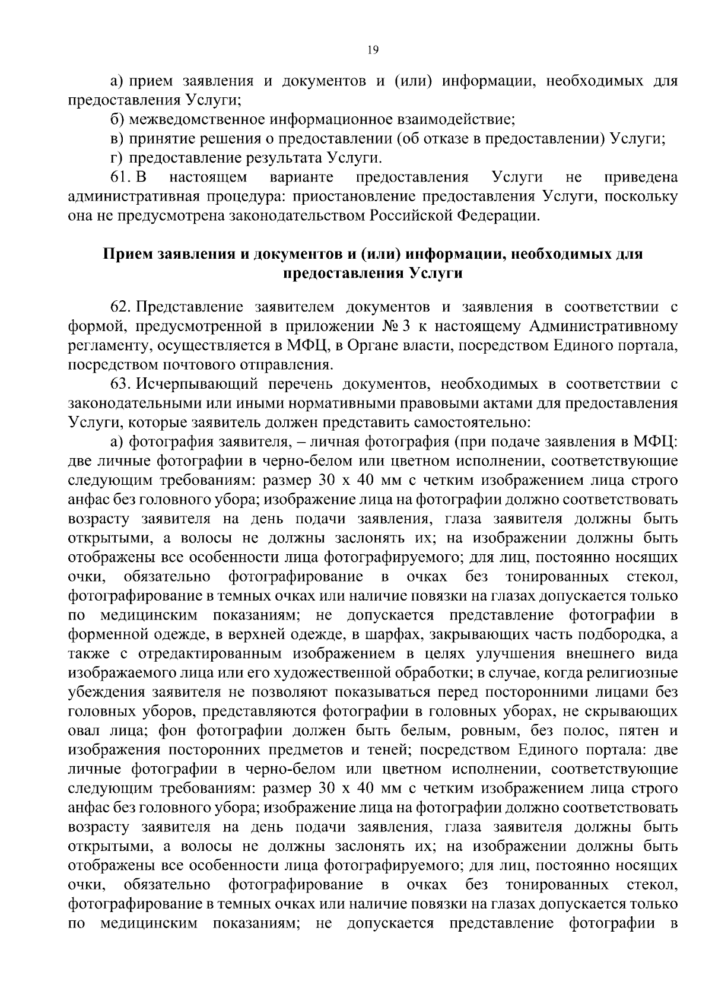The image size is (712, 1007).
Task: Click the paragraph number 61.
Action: [119, 177]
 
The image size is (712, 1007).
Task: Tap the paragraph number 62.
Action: [120, 307]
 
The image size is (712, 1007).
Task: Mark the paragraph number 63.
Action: [120, 384]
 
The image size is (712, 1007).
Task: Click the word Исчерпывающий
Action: [198, 384]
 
